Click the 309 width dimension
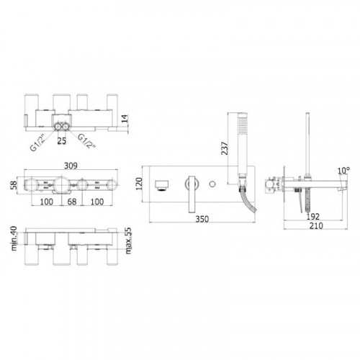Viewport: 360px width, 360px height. pos(71,166)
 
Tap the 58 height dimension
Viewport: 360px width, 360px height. pos(14,185)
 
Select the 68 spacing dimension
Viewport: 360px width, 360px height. pos(71,202)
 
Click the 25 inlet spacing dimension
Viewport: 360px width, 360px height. pos(61,140)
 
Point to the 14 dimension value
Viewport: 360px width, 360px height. pos(125,120)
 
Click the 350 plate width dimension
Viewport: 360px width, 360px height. pos(202,219)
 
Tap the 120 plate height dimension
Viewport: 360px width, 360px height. pos(139,184)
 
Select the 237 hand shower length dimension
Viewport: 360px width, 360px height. pos(225,148)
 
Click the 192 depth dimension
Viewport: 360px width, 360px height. pos(313,217)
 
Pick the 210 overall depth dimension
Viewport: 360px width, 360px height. pos(316,225)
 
